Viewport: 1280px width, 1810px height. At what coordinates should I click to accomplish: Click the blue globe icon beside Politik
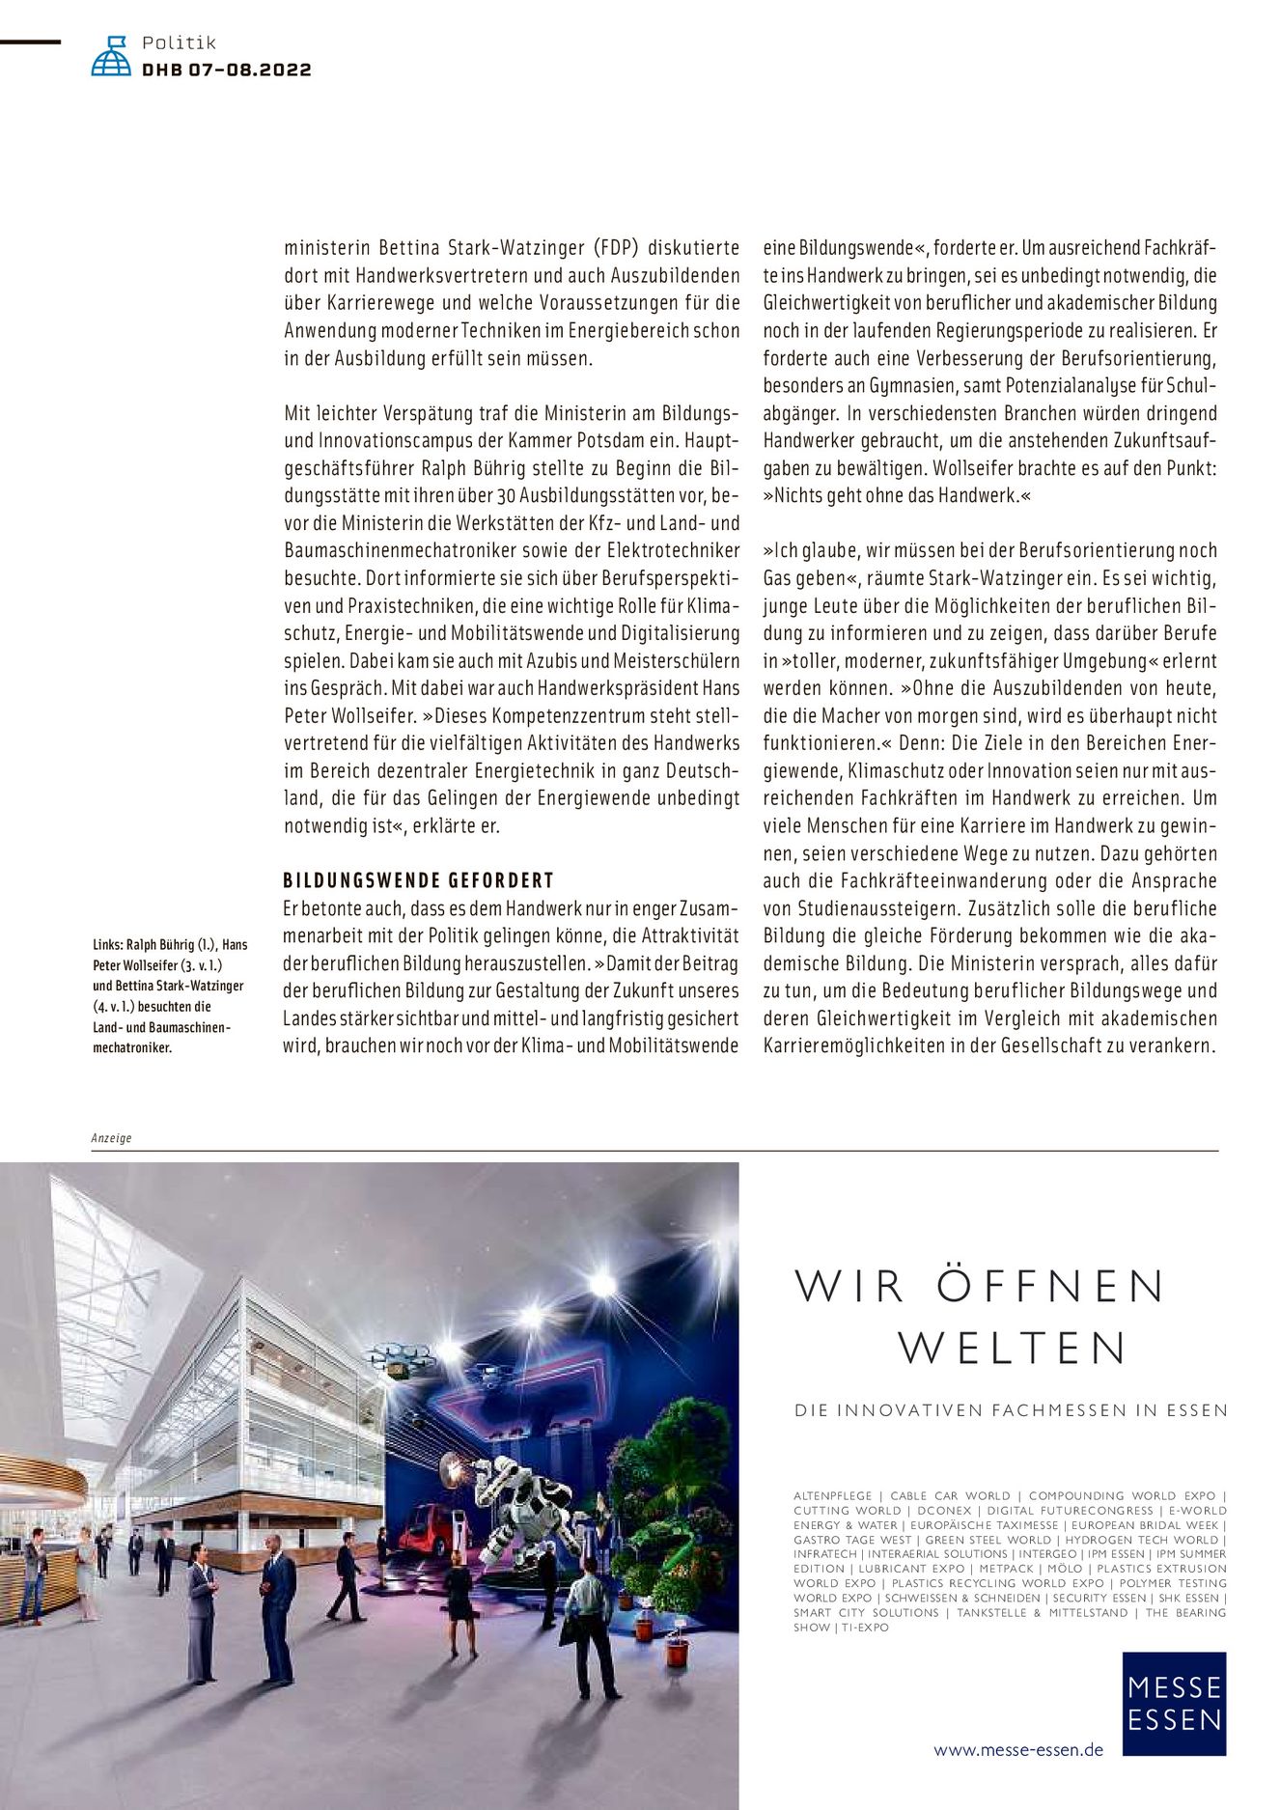tap(111, 57)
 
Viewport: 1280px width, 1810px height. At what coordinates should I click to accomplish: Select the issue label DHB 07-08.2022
tap(227, 70)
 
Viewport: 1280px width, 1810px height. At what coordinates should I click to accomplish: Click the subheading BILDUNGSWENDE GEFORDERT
tap(418, 880)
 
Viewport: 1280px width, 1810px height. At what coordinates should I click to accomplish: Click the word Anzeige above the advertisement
tap(111, 1138)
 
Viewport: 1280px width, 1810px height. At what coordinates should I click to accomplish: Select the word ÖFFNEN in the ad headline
tap(1050, 1286)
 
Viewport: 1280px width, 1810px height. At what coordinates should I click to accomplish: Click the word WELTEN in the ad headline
tap(1013, 1348)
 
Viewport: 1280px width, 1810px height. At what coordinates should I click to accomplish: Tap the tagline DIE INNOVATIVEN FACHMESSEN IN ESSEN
tap(1011, 1410)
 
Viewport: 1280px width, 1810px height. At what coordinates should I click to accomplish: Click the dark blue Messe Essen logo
tap(1173, 1703)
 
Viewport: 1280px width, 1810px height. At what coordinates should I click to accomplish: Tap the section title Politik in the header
tap(179, 42)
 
